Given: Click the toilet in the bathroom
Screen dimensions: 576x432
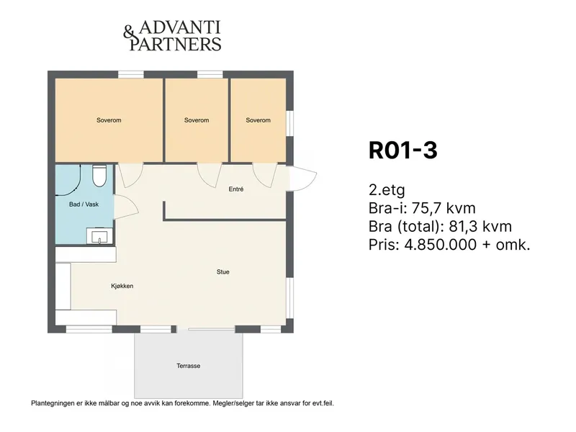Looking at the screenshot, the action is tap(99, 176).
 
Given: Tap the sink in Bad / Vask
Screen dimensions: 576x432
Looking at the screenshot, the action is tap(99, 236).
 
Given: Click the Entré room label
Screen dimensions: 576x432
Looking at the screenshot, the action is tap(236, 189).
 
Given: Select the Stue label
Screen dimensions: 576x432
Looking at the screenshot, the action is tap(223, 272).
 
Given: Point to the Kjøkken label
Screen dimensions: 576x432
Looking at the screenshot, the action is tap(122, 286).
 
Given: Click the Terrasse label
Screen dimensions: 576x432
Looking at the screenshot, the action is tap(189, 366).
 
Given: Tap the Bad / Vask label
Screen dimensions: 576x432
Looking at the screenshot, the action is tap(84, 204).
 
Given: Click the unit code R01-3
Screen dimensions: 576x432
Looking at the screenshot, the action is tap(403, 150).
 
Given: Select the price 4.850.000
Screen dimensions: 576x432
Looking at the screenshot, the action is tap(441, 245).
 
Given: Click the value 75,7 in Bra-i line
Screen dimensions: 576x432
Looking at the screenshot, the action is tap(426, 208).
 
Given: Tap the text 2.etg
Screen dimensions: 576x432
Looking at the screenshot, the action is tap(387, 190).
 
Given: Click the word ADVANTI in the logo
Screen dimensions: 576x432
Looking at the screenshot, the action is tap(179, 27).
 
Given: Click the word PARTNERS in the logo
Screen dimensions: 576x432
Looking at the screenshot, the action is tap(176, 44).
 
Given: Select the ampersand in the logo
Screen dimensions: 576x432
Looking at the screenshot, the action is tap(129, 32).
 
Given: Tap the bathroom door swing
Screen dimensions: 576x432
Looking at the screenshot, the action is tap(126, 207).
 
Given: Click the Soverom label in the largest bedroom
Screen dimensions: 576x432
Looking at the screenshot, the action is tap(109, 120).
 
